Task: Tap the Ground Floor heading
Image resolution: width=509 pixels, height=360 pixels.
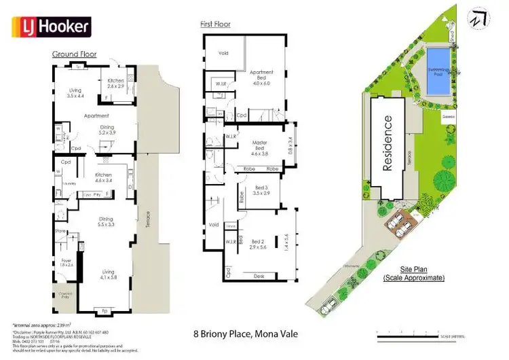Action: [75, 54]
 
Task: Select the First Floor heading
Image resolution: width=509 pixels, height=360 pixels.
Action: [215, 24]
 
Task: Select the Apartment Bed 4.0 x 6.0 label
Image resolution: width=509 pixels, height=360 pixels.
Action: [261, 77]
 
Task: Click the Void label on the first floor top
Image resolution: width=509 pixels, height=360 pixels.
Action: [223, 52]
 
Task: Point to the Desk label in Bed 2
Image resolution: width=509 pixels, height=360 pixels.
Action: [259, 276]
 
